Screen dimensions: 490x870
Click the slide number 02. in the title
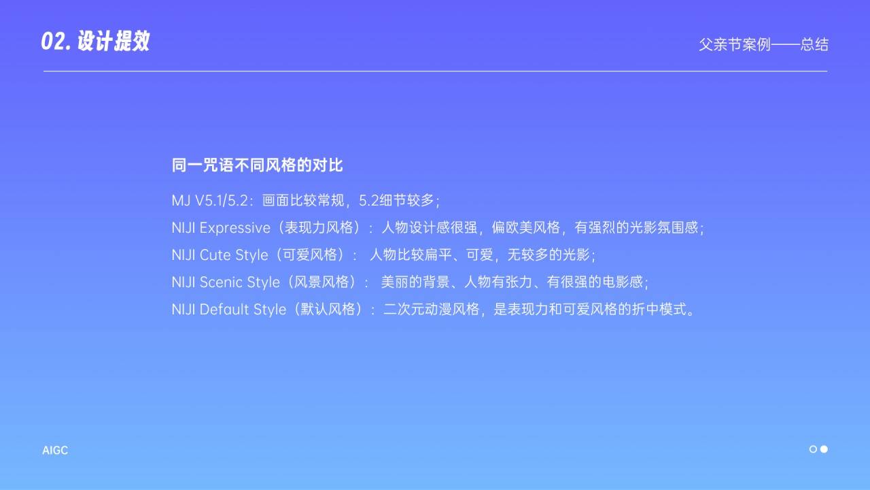[56, 42]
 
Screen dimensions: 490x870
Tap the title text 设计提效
[113, 42]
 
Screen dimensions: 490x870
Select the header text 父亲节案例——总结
[763, 45]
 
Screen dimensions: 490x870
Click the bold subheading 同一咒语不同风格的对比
[258, 165]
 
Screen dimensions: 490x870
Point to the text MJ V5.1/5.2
[212, 201]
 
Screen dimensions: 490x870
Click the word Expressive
[234, 228]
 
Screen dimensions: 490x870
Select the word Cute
[215, 255]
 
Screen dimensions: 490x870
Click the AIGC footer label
[55, 451]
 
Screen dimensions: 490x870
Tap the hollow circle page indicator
[813, 449]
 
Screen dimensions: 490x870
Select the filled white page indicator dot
[824, 449]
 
